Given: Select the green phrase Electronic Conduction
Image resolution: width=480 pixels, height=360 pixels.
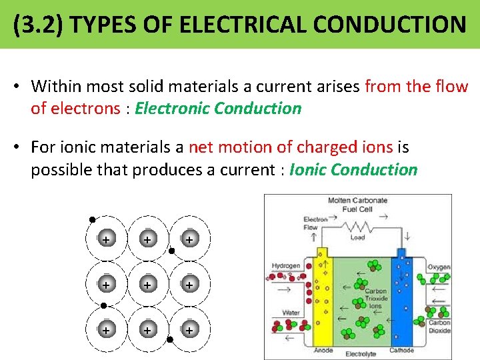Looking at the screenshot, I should tap(218, 109).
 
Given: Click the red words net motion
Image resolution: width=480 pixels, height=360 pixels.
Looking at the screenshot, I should tap(230, 147).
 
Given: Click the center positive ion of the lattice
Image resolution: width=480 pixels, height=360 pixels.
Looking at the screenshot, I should tap(147, 284).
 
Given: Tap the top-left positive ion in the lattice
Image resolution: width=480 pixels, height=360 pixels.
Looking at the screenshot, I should tap(105, 239).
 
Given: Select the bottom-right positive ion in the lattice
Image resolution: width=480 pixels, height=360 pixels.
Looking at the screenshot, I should tap(189, 330).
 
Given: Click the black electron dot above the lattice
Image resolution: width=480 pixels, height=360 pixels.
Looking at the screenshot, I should tap(92, 219).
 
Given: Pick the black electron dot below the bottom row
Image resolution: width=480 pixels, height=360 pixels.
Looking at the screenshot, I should tap(170, 339).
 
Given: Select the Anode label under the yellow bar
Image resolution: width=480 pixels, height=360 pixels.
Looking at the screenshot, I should tap(322, 351).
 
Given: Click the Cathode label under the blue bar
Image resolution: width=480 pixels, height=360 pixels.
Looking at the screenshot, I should tap(401, 351).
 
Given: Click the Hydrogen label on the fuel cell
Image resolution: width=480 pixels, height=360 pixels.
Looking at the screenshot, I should tap(285, 266).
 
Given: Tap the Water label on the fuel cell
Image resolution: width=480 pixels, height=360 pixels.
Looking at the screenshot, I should tap(291, 312).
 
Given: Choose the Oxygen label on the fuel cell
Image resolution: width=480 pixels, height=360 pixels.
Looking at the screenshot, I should tap(439, 267).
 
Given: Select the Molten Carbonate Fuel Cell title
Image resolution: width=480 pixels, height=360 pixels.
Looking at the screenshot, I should tap(357, 205).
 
